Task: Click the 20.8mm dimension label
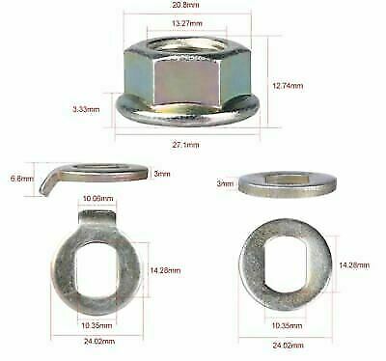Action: pyautogui.click(x=188, y=7)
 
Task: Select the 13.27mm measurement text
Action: pyautogui.click(x=187, y=23)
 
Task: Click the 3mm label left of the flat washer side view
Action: pyautogui.click(x=225, y=181)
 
